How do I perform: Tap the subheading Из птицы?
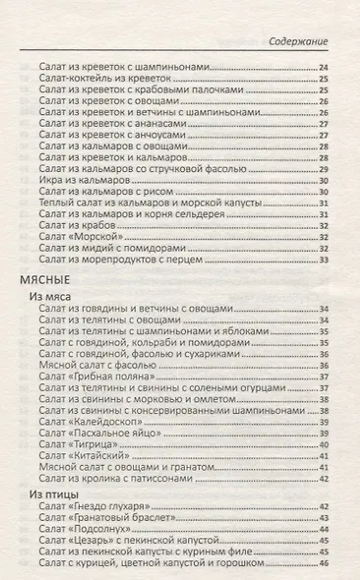[52, 493]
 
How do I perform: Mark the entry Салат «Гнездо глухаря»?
[101, 507]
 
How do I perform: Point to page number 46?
[324, 564]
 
